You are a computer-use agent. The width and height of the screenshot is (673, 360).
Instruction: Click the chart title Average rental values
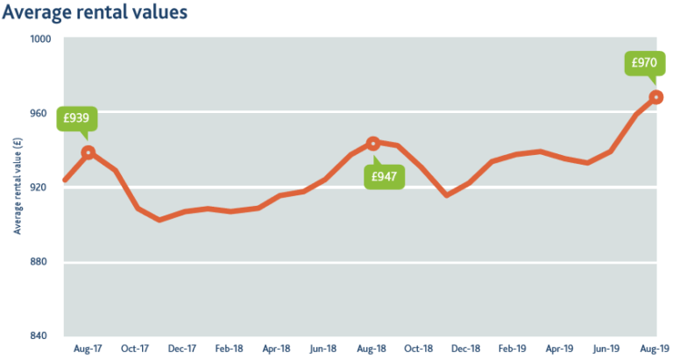(x=95, y=13)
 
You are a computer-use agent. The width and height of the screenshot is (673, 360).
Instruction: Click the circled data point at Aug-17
(x=88, y=152)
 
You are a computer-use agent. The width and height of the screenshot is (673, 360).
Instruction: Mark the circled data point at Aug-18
(x=372, y=143)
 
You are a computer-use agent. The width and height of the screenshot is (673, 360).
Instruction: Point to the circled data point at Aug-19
(x=655, y=97)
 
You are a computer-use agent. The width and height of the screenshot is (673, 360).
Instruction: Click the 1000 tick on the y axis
(x=42, y=39)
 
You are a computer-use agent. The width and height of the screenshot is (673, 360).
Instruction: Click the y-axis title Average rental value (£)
(x=16, y=188)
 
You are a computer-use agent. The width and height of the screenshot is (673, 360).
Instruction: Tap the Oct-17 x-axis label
(x=134, y=349)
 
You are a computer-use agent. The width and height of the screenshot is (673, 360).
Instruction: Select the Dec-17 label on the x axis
(x=181, y=349)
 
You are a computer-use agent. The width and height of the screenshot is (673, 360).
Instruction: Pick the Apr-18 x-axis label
(x=276, y=349)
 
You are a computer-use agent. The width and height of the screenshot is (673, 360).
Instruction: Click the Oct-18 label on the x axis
(x=419, y=349)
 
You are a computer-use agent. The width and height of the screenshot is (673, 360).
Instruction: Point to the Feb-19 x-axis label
(x=514, y=349)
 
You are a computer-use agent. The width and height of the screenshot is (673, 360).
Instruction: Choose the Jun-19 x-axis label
(x=608, y=349)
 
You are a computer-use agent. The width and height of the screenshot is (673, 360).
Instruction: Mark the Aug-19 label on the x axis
(x=654, y=349)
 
